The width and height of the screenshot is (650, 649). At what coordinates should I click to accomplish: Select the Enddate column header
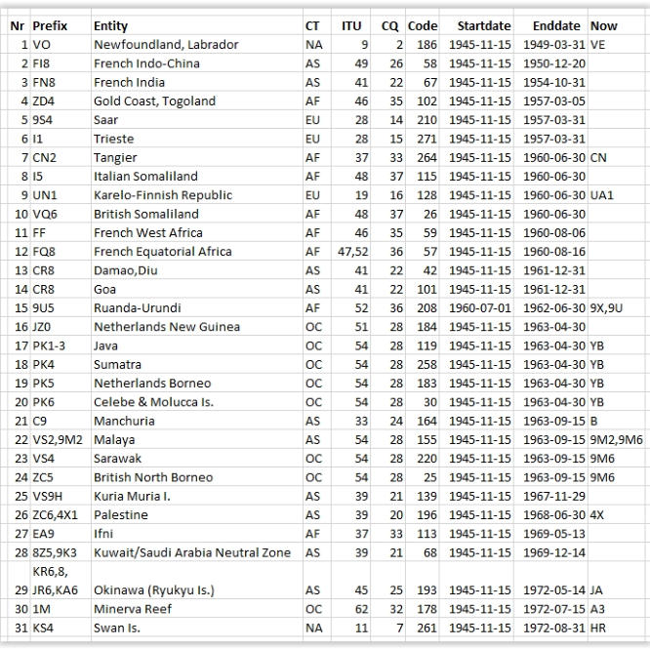pos(556,26)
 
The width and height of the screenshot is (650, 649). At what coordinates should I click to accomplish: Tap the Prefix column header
pos(50,26)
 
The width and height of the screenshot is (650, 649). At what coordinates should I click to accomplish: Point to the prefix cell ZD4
pos(44,101)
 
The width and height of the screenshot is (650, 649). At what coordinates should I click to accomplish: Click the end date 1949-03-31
pos(551,45)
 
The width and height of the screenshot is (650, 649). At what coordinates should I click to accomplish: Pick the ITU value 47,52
pos(351,252)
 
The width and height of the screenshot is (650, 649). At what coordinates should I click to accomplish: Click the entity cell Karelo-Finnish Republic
pos(162,195)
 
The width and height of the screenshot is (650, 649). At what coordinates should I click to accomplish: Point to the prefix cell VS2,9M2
pos(58,440)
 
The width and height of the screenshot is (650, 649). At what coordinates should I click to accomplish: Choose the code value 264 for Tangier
pos(423,158)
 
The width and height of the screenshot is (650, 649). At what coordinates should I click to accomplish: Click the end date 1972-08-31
pos(551,628)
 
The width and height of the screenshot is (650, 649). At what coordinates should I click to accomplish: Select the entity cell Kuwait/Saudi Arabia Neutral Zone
pos(191,552)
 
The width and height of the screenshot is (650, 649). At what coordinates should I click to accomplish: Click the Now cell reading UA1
pos(602,195)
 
